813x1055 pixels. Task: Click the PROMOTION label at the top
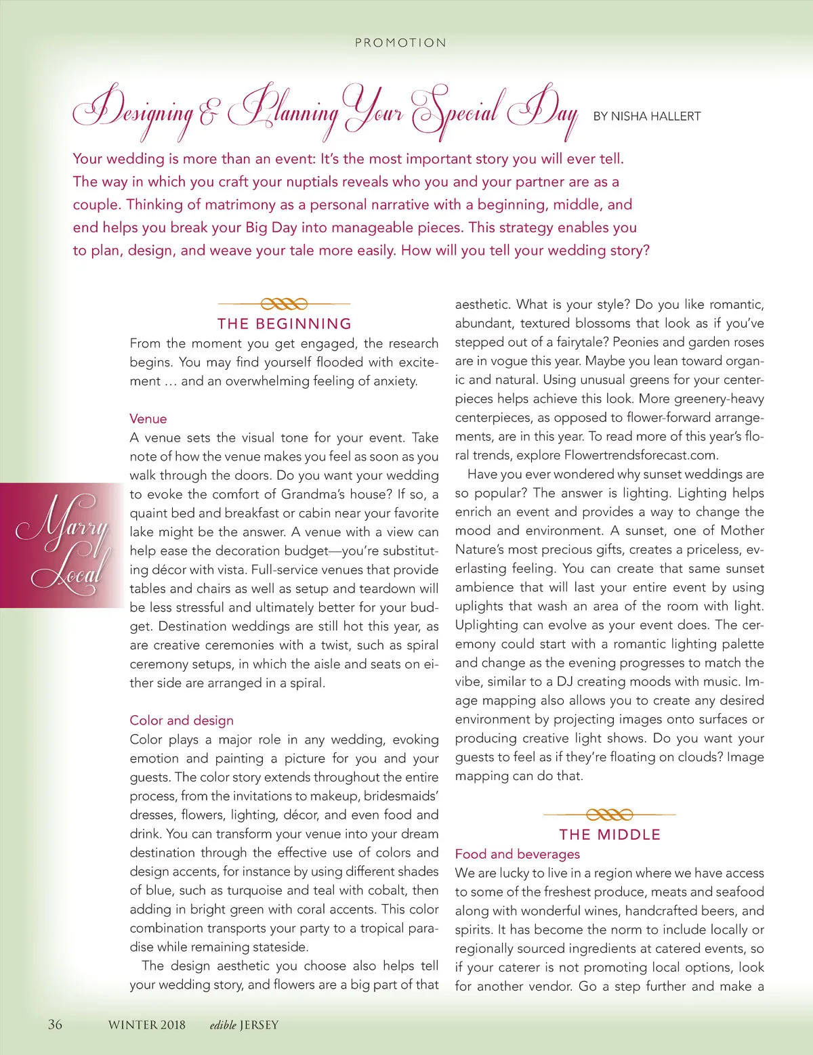pyautogui.click(x=400, y=43)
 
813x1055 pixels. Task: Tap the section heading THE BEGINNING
pyautogui.click(x=285, y=324)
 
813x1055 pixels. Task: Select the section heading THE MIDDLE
pyautogui.click(x=610, y=834)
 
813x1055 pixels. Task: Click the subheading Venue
pyautogui.click(x=148, y=418)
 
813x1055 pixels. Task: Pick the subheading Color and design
pyautogui.click(x=182, y=720)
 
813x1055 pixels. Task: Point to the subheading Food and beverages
pyautogui.click(x=517, y=854)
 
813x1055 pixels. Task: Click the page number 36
pyautogui.click(x=55, y=1024)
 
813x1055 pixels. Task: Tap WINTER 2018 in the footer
pyautogui.click(x=146, y=1025)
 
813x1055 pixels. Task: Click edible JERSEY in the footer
pyautogui.click(x=244, y=1025)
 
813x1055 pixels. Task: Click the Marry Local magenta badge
pyautogui.click(x=61, y=545)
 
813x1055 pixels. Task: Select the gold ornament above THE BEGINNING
pyautogui.click(x=285, y=303)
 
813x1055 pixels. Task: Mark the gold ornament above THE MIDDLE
pyautogui.click(x=610, y=814)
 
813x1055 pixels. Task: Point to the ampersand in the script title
pyautogui.click(x=209, y=114)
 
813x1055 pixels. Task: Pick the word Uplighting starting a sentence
pyautogui.click(x=488, y=625)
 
